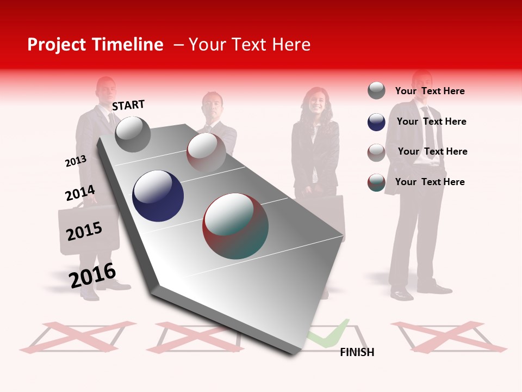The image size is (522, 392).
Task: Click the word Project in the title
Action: pos(57,45)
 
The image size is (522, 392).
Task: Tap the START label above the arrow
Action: pos(128,105)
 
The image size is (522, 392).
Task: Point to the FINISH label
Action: pos(357,352)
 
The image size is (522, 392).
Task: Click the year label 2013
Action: pos(76,161)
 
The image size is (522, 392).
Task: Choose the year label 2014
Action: pos(80,193)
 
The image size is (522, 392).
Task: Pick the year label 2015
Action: pos(84,231)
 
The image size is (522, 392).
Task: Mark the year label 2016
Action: pos(92,275)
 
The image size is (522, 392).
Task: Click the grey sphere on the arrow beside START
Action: pos(133,134)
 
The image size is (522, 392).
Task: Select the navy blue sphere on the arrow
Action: pos(158,196)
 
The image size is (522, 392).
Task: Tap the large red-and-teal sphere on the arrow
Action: pos(235,226)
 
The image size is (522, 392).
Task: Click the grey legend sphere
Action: pos(376,90)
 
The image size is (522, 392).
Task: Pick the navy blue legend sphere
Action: pos(376,122)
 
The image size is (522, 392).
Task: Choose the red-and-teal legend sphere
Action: pos(376,182)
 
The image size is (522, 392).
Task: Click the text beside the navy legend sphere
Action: pos(431,121)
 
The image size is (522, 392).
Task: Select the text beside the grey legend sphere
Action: pos(430,91)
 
